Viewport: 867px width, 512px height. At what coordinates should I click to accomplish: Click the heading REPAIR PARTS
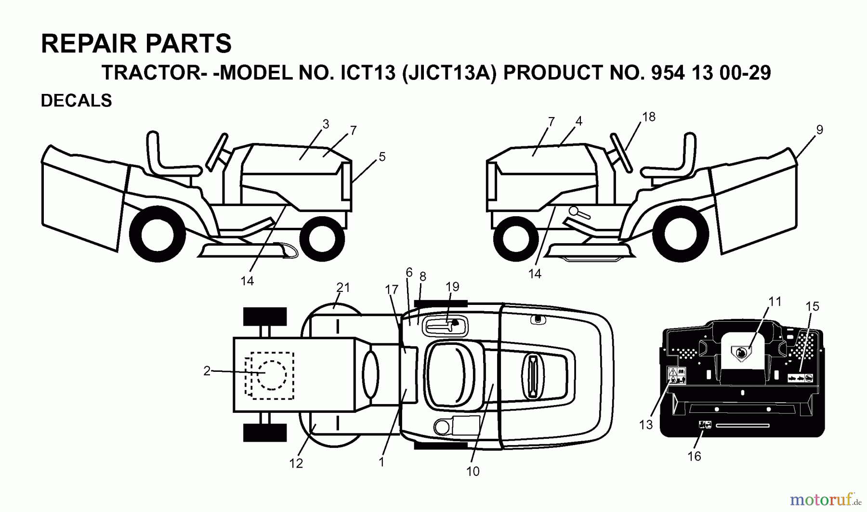(x=136, y=43)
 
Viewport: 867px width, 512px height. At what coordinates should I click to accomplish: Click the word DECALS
(x=76, y=101)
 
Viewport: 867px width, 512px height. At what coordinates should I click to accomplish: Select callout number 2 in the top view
(x=207, y=371)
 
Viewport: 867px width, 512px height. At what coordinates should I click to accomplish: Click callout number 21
(x=343, y=288)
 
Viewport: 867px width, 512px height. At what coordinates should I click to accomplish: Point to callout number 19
(x=452, y=287)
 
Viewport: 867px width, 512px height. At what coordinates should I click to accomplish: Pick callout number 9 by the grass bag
(x=819, y=130)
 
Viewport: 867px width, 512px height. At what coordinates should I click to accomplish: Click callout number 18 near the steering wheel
(x=648, y=117)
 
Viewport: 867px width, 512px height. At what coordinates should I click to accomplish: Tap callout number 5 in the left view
(x=382, y=157)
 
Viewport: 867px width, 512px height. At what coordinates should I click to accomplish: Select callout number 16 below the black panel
(x=694, y=456)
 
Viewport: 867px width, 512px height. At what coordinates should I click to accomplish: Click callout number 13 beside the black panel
(x=646, y=425)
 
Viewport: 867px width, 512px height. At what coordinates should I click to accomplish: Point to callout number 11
(x=775, y=302)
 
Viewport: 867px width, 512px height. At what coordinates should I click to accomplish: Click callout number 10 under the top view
(x=473, y=472)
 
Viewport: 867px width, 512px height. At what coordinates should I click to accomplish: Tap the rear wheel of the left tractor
(x=158, y=235)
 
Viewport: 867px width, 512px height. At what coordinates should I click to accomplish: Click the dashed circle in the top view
(x=272, y=375)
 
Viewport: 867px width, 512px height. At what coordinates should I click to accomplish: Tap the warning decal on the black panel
(x=676, y=375)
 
